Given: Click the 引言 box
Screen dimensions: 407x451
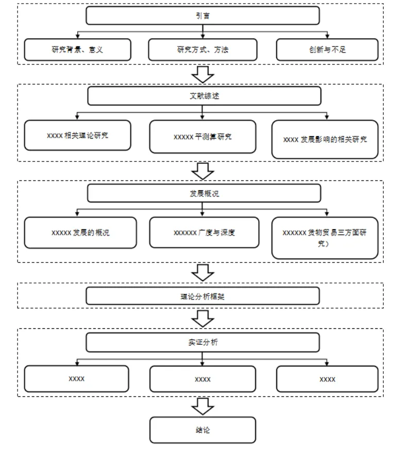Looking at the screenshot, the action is point(202,15).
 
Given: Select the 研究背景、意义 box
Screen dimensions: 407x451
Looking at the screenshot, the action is point(78,50).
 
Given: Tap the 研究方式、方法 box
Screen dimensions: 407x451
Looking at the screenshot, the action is point(202,50).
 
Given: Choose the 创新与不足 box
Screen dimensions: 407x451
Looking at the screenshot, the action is point(327,50).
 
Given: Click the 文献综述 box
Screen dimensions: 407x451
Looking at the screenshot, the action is point(204,96).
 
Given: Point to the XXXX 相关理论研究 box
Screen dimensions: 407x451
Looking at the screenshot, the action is point(78,135).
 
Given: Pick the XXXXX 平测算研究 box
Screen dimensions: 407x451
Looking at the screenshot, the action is point(202,137).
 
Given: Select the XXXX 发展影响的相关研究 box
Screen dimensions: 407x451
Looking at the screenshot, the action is point(325,140).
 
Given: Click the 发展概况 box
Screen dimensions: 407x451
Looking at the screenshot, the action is point(204,193).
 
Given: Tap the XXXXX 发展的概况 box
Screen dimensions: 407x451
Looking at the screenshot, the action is point(80,232).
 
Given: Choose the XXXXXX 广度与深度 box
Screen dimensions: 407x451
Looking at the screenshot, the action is point(204,232).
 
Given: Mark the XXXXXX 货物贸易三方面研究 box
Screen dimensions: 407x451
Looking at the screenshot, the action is point(325,238).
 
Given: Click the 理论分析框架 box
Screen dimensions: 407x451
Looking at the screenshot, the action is point(202,296).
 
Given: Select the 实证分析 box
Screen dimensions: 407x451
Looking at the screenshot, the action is point(202,342).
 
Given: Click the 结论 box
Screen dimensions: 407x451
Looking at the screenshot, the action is point(202,430).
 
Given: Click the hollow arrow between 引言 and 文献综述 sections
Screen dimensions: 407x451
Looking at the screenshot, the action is point(202,75).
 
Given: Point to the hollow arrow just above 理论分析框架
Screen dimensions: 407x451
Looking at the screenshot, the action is point(202,273).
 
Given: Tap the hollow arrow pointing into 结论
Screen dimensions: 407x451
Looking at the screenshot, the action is point(202,407).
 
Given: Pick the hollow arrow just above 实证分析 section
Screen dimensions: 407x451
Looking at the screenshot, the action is point(202,319).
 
